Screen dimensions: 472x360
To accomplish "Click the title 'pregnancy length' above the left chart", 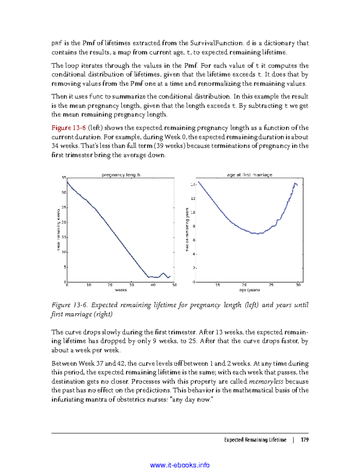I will coord(121,175).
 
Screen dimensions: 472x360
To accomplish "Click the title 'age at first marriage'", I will coord(249,175).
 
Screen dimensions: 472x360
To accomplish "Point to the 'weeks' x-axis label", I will coord(121,290).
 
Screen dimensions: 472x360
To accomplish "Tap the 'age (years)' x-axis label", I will coord(249,290).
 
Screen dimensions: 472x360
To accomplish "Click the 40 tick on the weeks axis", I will coord(153,285).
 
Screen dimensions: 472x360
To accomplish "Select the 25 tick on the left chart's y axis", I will coord(64,207).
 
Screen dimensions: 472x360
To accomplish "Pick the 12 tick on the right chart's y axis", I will coord(193,198).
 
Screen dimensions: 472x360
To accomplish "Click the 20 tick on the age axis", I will coord(244,285).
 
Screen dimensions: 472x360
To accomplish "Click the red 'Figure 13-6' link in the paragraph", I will coord(68,128).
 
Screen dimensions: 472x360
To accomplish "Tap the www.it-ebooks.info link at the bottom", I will coord(180,465).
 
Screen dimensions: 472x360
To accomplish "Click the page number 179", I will coord(304,440).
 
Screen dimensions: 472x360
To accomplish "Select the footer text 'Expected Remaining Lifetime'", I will coord(255,440).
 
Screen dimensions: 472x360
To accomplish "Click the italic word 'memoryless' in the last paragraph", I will coord(266,381).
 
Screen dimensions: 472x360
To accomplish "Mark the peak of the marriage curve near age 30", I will coord(295,183).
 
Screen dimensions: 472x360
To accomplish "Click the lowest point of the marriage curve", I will coord(258,233).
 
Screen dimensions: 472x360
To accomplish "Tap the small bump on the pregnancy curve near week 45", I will coord(163,273).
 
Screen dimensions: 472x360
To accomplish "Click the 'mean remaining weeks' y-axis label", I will coord(58,230).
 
